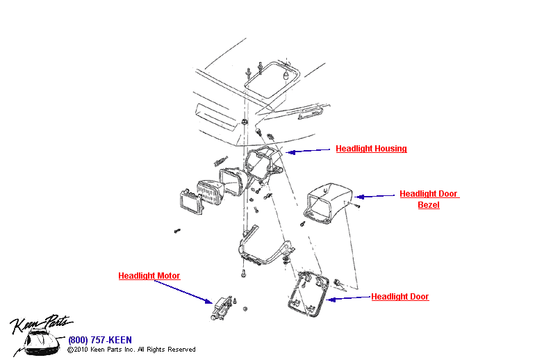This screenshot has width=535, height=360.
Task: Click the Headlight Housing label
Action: point(371,149)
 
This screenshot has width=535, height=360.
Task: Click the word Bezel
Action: point(429,205)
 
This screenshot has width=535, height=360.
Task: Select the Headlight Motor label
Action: point(149,276)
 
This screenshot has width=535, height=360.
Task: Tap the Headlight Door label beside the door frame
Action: point(400,297)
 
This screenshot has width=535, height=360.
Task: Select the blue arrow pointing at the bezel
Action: point(374,197)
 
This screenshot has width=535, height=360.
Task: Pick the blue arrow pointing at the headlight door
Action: point(347,298)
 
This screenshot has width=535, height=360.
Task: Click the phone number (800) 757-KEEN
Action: point(100,340)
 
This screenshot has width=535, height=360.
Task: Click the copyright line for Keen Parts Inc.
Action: point(131,350)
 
